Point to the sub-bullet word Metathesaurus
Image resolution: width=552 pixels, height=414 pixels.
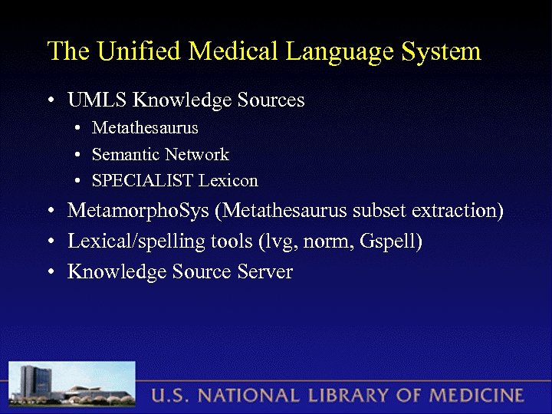point(145,127)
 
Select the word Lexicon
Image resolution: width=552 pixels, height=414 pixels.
point(228,181)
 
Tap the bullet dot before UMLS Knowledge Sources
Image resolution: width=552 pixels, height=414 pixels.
point(50,101)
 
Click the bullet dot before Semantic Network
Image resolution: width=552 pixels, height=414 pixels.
point(79,156)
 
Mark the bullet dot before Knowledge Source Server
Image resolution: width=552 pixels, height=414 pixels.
point(50,273)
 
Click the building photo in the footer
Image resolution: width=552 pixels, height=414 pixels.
point(73,386)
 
